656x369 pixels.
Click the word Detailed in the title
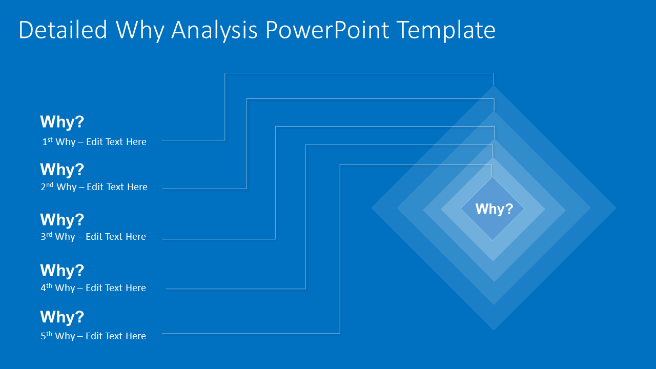[63, 30]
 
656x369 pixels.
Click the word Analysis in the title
[214, 30]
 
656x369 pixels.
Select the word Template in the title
[446, 30]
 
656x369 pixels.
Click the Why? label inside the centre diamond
[494, 209]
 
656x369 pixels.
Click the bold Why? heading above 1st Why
[62, 122]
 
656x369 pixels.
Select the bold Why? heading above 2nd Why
[62, 170]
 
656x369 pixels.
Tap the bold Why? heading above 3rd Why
[62, 220]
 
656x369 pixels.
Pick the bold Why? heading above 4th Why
[62, 271]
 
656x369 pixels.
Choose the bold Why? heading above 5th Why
[62, 317]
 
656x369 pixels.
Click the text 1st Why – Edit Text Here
[94, 142]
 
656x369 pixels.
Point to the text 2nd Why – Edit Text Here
[94, 187]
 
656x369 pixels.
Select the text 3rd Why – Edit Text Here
[94, 237]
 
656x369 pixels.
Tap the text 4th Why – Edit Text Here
[94, 288]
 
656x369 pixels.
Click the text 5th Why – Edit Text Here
[94, 336]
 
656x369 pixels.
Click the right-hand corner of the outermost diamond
[614, 208]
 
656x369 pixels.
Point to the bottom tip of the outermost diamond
[494, 329]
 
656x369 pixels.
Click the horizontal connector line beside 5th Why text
[251, 334]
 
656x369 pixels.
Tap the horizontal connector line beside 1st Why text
[193, 140]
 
